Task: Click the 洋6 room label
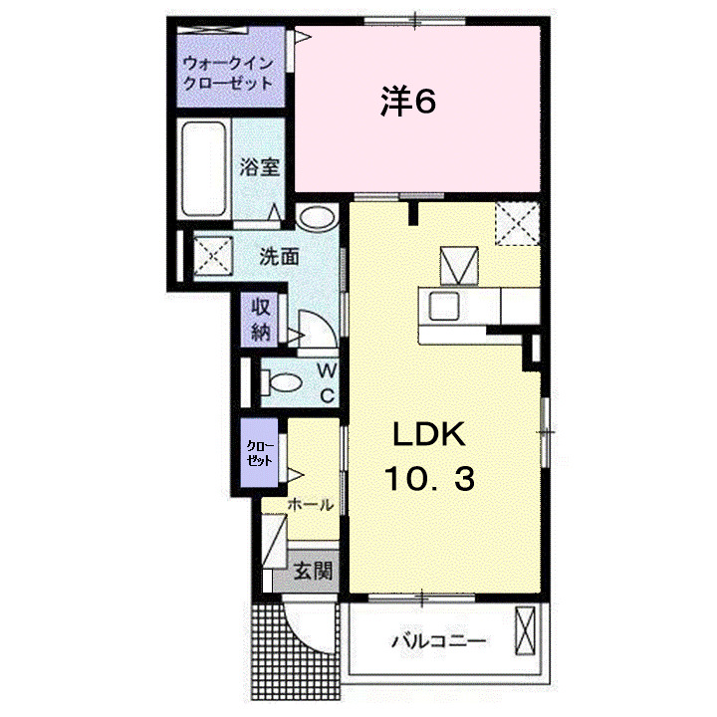409,102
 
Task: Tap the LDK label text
428,435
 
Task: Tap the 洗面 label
279,256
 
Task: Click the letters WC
326,382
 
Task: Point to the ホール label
311,505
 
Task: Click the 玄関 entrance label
312,573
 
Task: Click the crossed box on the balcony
525,631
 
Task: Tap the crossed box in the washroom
212,256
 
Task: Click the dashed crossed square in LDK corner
518,221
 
